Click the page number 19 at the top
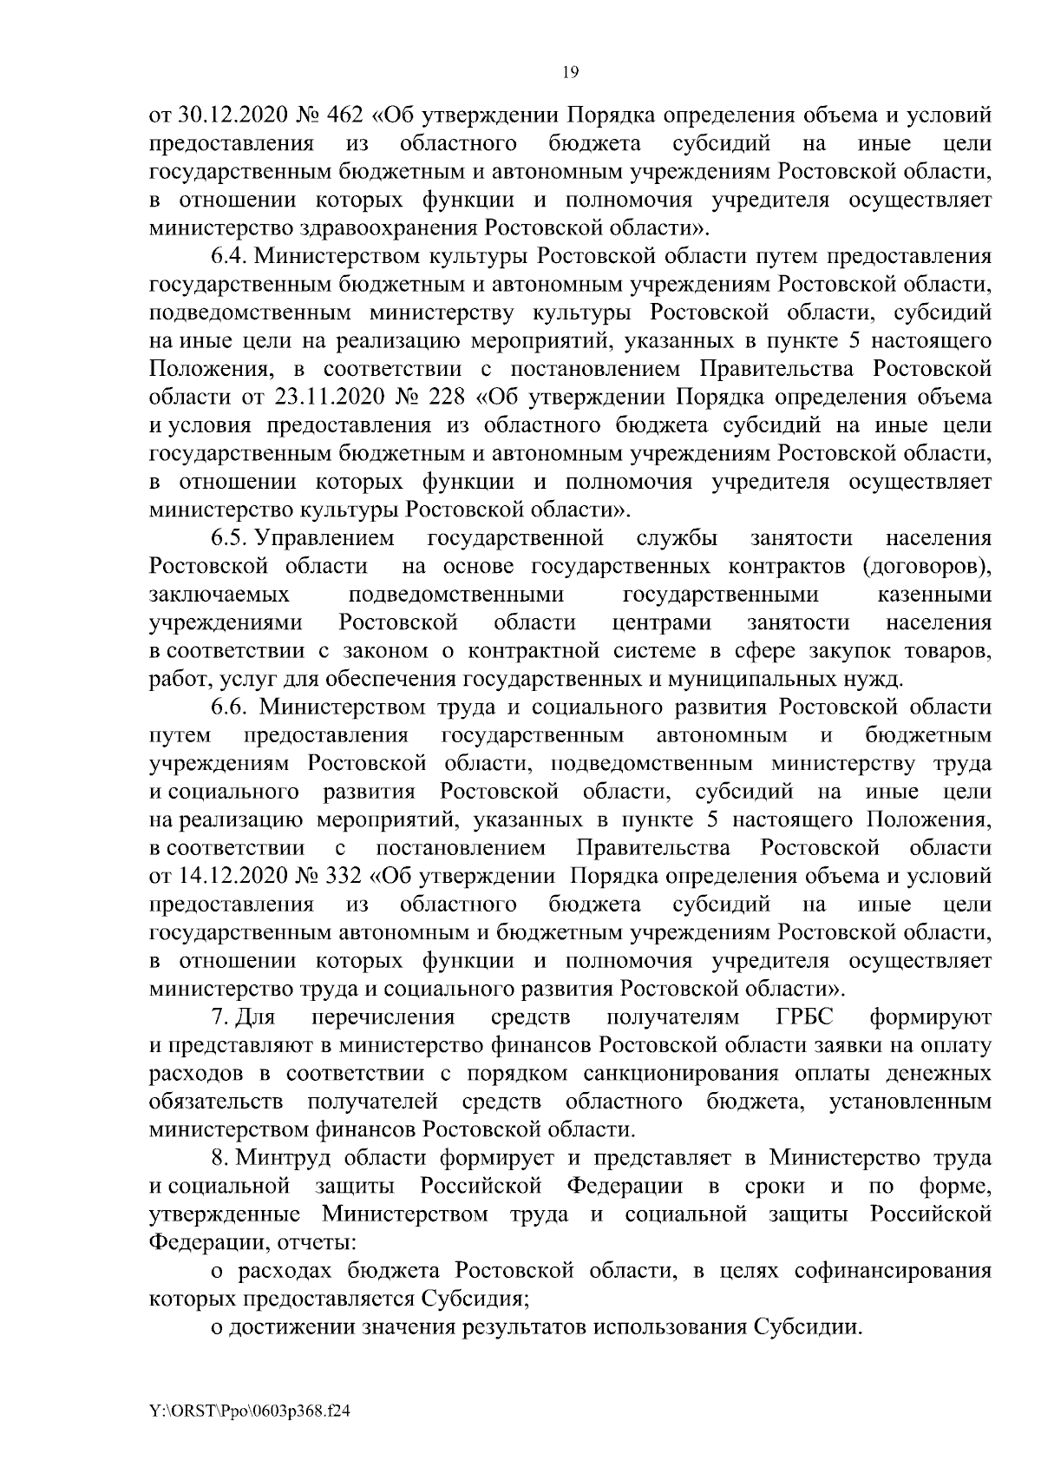coord(570,73)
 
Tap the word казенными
coord(929,596)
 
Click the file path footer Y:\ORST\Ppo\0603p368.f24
coord(250,1412)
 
